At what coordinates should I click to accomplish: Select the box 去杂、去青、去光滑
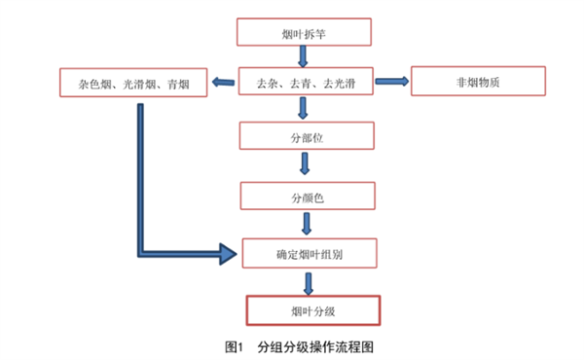click(x=305, y=83)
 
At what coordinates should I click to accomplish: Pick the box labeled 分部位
click(x=307, y=136)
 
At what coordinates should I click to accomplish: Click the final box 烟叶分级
click(x=312, y=309)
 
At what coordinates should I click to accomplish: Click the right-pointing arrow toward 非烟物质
click(x=391, y=82)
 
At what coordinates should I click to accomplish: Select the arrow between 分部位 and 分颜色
click(x=306, y=165)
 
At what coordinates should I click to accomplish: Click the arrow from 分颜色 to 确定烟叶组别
click(x=307, y=225)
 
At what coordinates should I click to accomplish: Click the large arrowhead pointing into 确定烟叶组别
click(x=228, y=255)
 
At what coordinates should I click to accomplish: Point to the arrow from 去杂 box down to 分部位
click(x=306, y=109)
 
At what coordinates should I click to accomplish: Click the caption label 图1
click(x=233, y=346)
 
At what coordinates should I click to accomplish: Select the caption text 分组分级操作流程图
click(x=315, y=346)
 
